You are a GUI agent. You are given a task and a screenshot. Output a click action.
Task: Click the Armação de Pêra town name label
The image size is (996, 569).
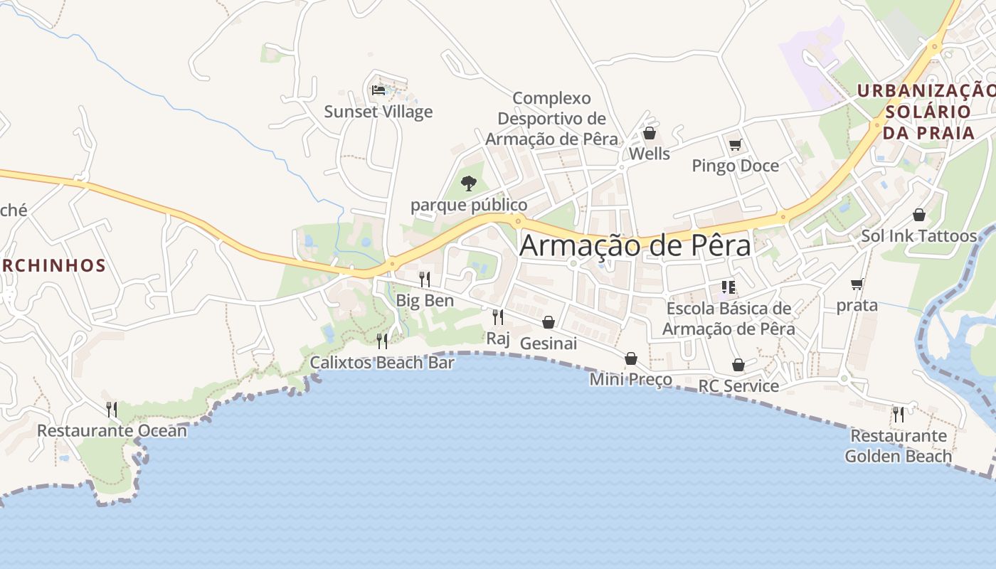click(x=635, y=246)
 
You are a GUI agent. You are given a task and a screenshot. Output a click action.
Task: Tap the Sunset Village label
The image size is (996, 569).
click(x=378, y=112)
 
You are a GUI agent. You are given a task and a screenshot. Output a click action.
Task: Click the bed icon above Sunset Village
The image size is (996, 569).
click(x=378, y=90)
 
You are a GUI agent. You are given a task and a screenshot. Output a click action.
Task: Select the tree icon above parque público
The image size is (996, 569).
click(x=468, y=184)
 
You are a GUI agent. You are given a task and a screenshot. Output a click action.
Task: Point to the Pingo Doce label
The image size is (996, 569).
click(x=735, y=166)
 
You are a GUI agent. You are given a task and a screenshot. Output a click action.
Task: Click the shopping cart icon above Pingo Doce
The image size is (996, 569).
click(x=735, y=145)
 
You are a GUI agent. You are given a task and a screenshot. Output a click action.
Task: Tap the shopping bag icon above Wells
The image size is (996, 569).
click(x=649, y=133)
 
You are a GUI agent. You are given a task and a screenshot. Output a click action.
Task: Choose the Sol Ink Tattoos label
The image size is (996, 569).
click(x=918, y=235)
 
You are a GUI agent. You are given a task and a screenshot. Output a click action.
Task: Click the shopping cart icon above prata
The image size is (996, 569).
click(x=857, y=284)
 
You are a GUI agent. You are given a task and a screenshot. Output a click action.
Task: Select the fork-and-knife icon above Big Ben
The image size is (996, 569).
click(x=425, y=279)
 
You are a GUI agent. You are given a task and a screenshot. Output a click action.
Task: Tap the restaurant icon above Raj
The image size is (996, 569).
click(x=498, y=317)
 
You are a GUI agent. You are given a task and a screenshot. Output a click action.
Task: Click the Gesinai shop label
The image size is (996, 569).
click(x=548, y=343)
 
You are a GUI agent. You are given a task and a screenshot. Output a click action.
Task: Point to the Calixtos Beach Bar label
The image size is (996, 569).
click(x=382, y=363)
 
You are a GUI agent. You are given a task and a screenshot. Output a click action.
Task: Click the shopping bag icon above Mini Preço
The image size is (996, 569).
click(x=631, y=358)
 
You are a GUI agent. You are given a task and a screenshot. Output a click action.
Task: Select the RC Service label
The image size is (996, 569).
click(x=738, y=385)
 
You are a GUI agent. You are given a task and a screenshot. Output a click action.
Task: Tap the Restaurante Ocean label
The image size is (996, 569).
click(x=112, y=430)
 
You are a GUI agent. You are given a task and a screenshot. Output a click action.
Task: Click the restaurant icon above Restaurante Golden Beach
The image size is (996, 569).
click(x=899, y=414)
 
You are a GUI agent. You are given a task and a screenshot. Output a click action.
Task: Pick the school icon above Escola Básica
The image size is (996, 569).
click(x=728, y=287)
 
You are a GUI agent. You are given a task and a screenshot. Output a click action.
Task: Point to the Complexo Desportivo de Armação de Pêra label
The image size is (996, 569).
click(x=551, y=118)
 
